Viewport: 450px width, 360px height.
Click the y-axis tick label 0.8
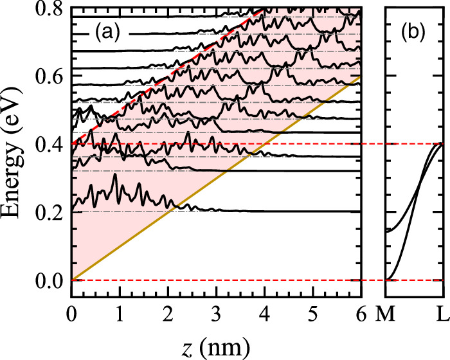pos(49,8)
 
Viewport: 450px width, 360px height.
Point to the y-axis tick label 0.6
pos(49,76)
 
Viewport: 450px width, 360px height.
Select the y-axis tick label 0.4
pos(49,145)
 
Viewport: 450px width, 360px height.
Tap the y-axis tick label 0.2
pos(49,213)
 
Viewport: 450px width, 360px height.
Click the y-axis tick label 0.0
pos(49,281)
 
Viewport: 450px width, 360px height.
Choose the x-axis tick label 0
pos(71,314)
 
